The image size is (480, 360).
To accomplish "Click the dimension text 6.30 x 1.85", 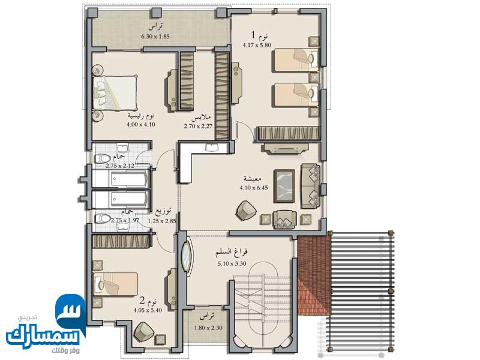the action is (x=155, y=37).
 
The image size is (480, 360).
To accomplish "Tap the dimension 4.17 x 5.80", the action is (x=257, y=46).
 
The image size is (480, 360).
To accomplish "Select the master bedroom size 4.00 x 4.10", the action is (x=141, y=125).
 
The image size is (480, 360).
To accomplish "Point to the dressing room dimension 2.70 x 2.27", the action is (x=198, y=126).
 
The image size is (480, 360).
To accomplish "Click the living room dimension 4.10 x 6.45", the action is (x=254, y=188).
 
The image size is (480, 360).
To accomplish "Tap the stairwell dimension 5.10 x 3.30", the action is (x=232, y=263).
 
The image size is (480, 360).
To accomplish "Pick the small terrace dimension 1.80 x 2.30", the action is (x=208, y=328).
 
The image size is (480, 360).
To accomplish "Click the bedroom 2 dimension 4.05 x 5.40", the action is (x=148, y=310).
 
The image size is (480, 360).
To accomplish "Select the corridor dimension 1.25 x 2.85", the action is (x=162, y=221).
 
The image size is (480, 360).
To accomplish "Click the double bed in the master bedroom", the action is (x=115, y=93).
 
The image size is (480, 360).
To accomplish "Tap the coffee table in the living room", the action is (x=284, y=186).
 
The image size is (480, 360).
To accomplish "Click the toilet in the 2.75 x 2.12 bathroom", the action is (x=102, y=158).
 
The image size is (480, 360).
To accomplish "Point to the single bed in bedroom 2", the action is (x=115, y=284).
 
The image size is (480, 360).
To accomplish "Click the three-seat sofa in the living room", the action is (x=310, y=186).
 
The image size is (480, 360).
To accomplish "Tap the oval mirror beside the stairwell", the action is (x=187, y=257).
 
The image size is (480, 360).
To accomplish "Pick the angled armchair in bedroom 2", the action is (x=144, y=332).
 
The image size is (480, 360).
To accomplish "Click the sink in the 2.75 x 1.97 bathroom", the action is (x=124, y=227).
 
